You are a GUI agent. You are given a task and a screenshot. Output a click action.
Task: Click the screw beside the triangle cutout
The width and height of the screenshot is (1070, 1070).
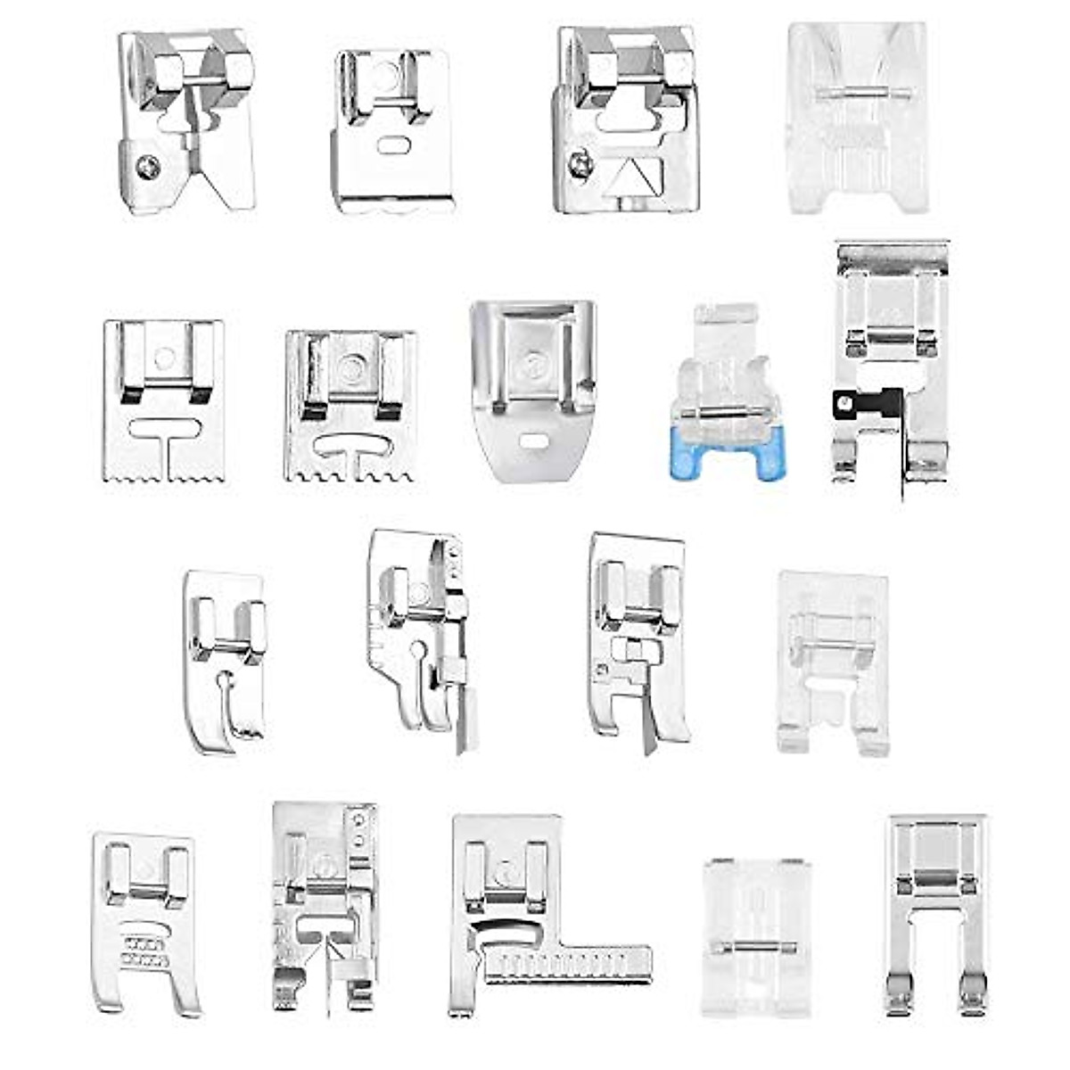[581, 162]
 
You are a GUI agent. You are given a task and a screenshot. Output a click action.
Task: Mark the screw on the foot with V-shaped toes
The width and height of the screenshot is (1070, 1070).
[148, 166]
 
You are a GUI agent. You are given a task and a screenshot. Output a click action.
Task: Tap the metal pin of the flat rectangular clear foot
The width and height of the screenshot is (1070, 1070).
[753, 946]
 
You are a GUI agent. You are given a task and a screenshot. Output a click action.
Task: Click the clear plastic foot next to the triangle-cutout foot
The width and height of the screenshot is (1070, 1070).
[857, 118]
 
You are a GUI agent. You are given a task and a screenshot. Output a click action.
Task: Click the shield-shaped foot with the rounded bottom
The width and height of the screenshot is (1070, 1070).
[533, 391]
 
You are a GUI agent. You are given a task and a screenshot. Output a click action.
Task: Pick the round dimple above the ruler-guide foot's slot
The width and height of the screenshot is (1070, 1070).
[506, 867]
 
